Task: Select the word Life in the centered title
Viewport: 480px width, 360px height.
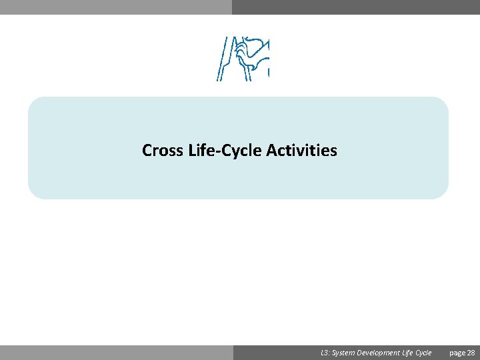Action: point(204,151)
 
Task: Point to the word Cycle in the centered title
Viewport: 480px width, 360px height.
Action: point(243,151)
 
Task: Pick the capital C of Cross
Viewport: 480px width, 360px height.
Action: point(147,151)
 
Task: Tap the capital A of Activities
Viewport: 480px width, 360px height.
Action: point(271,151)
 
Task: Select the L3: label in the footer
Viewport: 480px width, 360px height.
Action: point(325,353)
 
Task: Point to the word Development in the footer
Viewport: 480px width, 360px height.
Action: point(379,353)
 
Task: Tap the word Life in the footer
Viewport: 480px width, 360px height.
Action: point(408,353)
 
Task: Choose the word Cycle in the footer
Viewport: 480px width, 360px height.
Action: point(424,353)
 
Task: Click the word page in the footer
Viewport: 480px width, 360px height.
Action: point(457,353)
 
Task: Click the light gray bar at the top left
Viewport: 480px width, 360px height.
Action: point(116,7)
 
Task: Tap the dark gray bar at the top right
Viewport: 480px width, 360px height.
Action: point(356,7)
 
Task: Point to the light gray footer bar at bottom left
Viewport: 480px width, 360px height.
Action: point(116,353)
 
